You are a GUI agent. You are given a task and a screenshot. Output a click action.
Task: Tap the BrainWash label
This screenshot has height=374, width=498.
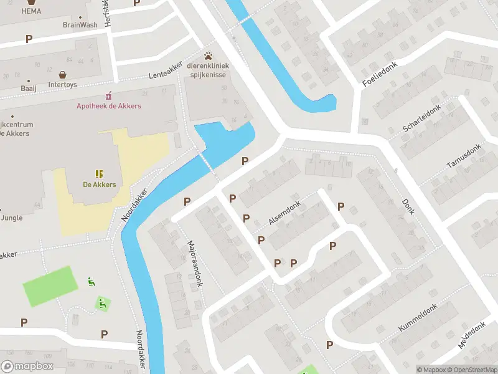80,26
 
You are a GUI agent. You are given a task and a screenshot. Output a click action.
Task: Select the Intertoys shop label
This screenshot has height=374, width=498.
62,84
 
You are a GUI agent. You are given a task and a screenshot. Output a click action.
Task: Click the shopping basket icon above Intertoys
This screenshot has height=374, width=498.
62,74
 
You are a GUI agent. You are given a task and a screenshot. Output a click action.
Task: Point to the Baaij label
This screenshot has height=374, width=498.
28,89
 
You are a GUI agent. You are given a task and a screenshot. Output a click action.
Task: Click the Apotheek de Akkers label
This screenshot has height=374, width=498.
109,106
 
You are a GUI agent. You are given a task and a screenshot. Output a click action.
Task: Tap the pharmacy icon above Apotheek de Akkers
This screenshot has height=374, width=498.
109,95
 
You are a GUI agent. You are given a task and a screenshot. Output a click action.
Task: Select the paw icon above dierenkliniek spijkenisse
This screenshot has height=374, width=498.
209,56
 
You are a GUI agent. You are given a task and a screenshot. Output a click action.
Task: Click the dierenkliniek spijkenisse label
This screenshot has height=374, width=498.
209,70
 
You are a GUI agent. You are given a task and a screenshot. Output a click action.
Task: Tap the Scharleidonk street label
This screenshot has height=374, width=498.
421,118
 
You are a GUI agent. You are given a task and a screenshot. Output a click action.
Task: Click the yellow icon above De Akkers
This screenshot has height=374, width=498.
99,173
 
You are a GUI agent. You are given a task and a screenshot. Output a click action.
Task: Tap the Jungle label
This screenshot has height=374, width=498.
12,218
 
